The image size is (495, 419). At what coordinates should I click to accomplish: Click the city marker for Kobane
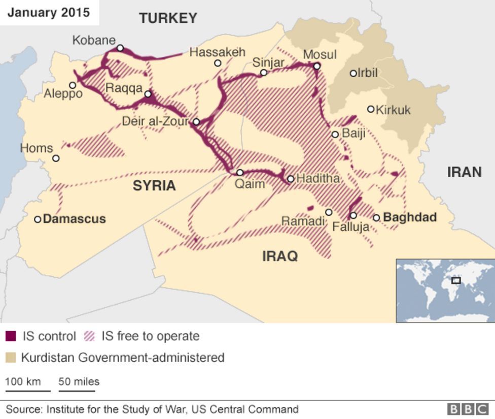click(120, 48)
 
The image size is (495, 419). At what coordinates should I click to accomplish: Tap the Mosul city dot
click(316, 66)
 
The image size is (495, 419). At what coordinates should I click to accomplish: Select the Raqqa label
click(124, 88)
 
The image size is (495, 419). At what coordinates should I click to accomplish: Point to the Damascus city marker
click(38, 219)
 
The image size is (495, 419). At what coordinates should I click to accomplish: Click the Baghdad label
click(410, 217)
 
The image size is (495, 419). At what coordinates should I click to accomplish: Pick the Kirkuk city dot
click(371, 109)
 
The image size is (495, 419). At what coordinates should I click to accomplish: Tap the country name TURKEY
click(168, 19)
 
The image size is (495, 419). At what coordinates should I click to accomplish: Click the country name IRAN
click(464, 172)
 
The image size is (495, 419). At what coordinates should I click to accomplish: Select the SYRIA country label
click(154, 186)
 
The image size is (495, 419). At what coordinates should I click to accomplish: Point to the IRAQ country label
click(280, 256)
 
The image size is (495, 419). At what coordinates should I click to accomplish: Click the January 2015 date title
click(48, 12)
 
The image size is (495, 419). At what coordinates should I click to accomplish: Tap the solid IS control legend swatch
click(11, 336)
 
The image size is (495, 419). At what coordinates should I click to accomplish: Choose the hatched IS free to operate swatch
click(90, 336)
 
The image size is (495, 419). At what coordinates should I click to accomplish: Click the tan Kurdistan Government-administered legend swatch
click(11, 358)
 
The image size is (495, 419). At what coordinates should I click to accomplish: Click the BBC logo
click(468, 409)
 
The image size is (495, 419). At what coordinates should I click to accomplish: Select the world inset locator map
click(445, 291)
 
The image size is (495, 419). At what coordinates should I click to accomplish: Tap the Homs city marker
click(56, 158)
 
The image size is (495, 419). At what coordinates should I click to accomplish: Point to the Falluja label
click(350, 227)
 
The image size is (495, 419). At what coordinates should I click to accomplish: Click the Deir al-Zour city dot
click(196, 122)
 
